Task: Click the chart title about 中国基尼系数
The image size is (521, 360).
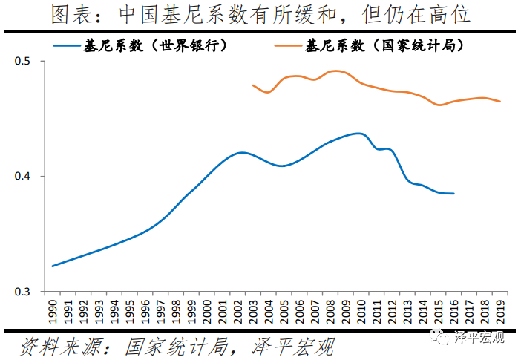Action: coord(260,15)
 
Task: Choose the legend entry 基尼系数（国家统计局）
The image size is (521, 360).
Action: coord(385,45)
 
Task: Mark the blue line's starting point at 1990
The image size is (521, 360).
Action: coord(53,266)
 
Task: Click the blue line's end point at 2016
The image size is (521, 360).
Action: coord(454,193)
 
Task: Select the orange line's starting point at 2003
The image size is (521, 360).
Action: coord(253,85)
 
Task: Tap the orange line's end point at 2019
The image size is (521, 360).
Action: coord(500,101)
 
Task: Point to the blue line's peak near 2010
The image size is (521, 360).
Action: coord(358,134)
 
